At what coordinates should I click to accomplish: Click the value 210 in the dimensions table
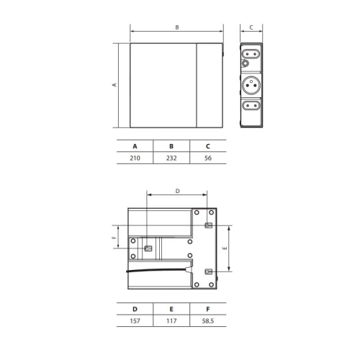coord(135,158)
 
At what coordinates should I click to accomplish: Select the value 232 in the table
coord(171,158)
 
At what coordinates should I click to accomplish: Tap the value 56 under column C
coord(208,158)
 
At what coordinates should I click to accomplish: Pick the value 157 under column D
coord(135,321)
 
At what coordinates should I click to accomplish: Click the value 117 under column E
coord(171,321)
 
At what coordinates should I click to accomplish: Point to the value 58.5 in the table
coord(208,321)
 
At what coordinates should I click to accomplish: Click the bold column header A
coord(135,146)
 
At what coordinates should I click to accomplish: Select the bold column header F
coord(208,309)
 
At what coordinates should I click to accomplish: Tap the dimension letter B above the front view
coord(177,27)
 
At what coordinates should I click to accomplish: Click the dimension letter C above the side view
coord(251,27)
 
